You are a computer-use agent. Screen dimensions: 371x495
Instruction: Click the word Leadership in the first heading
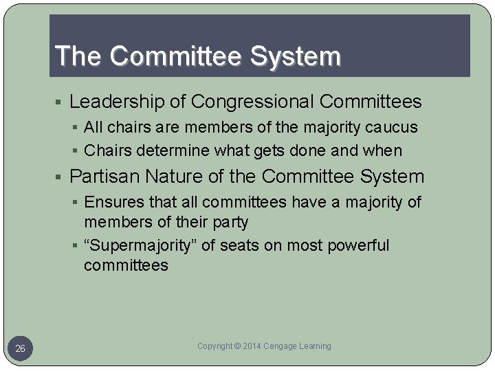click(116, 102)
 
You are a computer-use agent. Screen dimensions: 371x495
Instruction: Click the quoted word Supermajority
click(142, 245)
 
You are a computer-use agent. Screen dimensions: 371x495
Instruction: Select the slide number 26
click(21, 349)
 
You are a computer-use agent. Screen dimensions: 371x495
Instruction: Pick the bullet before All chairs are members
click(77, 128)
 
